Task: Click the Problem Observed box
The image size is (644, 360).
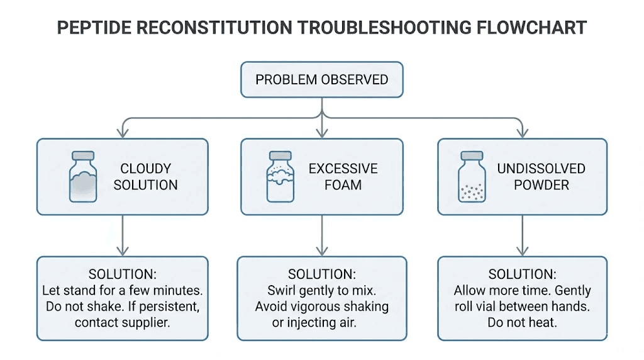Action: [321, 80]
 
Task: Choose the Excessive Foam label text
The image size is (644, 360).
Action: [343, 177]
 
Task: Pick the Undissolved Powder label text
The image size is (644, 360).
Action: [541, 177]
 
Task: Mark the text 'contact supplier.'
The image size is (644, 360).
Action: [123, 323]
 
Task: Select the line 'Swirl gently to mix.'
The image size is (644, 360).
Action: [321, 291]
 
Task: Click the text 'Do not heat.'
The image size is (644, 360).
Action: [522, 323]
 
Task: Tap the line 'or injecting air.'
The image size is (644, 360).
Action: [321, 323]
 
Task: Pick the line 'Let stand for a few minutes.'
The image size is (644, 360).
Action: [123, 291]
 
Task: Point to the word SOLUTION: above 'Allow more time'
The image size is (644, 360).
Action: [522, 274]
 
